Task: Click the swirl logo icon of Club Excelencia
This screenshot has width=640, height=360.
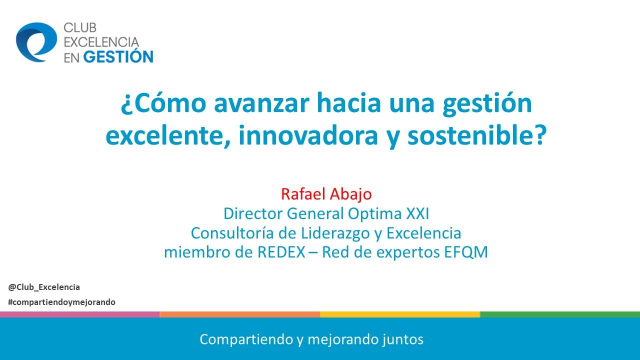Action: tap(36, 42)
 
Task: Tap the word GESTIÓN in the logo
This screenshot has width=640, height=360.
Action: tap(118, 56)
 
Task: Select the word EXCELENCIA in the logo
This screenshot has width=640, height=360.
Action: tap(101, 42)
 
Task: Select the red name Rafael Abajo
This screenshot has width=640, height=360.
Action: tap(326, 193)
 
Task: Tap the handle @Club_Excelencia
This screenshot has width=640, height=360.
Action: tap(44, 287)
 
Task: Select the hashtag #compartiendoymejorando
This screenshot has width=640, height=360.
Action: tap(62, 302)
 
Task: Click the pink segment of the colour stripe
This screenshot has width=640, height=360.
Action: tap(80, 314)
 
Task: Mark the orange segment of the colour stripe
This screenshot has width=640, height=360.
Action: tap(240, 314)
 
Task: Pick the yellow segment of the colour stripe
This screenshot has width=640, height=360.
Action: tap(400, 314)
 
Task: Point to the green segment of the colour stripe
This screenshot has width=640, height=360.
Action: tap(560, 314)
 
